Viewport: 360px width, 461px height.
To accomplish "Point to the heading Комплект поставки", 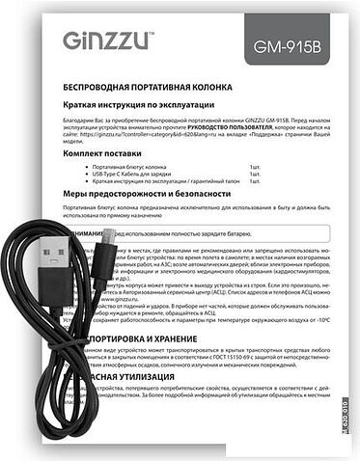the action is pyautogui.click(x=107, y=154).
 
